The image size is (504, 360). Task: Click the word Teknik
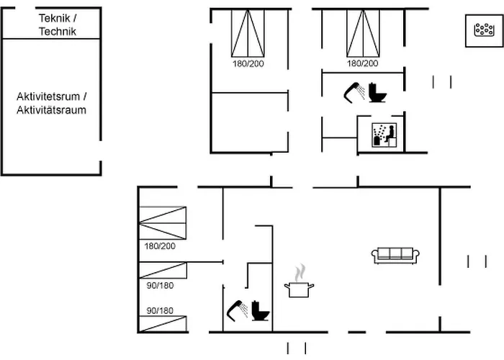click(x=54, y=18)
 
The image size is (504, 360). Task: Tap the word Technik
click(x=58, y=32)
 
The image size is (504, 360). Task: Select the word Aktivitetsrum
click(x=48, y=96)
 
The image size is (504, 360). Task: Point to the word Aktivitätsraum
click(x=51, y=110)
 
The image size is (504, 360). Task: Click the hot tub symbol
click(x=484, y=30)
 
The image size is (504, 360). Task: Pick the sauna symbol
click(x=384, y=135)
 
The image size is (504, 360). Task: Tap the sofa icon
click(x=395, y=256)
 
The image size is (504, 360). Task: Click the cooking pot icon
click(x=299, y=289)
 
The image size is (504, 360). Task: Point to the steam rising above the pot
click(x=300, y=273)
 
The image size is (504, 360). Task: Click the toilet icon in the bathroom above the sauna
click(x=377, y=93)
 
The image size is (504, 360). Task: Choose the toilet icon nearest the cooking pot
click(x=261, y=311)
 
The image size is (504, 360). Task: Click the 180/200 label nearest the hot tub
click(x=363, y=63)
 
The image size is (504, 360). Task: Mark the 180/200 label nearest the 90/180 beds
click(x=160, y=246)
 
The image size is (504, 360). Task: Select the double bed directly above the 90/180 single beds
click(x=163, y=223)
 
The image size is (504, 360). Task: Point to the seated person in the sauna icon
click(x=390, y=134)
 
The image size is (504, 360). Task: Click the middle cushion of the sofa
click(x=395, y=253)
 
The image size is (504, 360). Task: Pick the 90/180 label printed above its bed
click(x=160, y=311)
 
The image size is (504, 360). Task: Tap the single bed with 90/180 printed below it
click(x=163, y=270)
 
